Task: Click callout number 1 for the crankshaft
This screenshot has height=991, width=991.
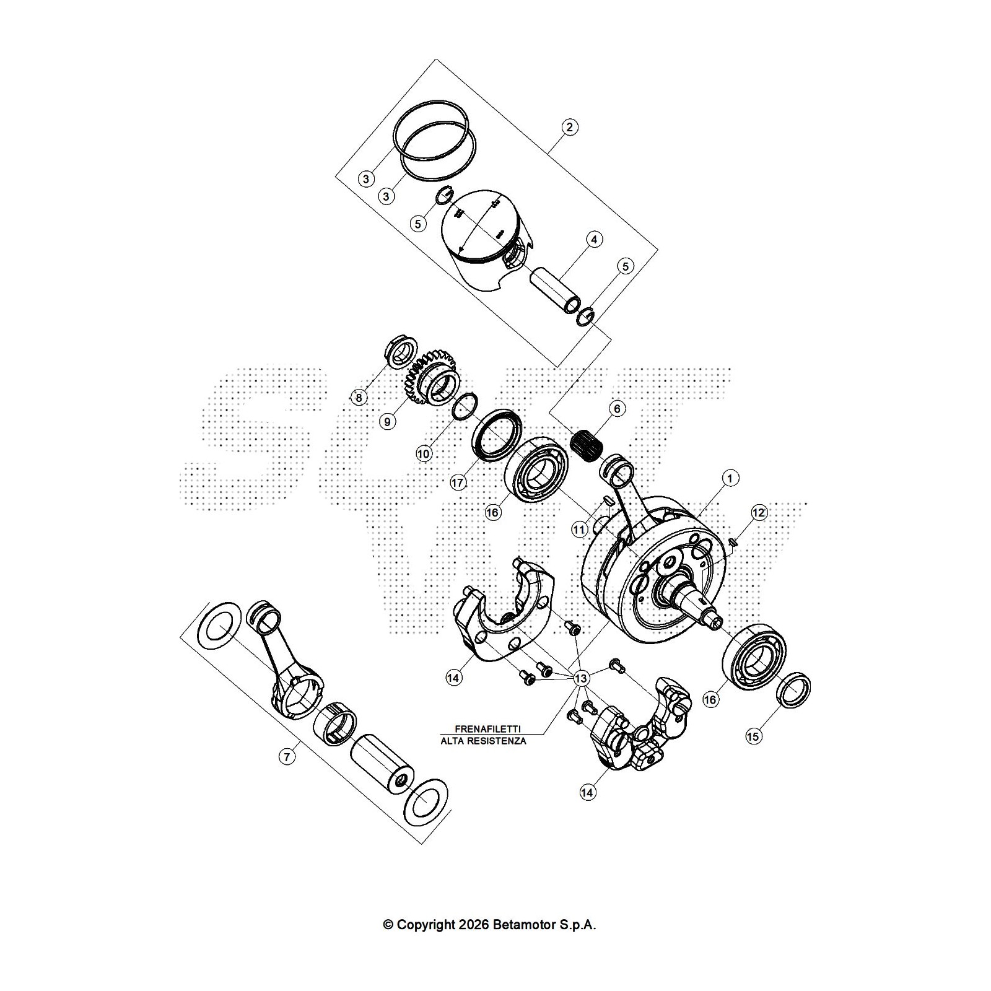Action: point(730,478)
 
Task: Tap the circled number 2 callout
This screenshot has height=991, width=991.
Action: point(569,128)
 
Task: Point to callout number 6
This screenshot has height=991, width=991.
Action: point(616,409)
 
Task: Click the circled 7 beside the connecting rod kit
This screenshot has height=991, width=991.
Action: point(286,756)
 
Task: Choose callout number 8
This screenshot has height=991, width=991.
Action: point(359,397)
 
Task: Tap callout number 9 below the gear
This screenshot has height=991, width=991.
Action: point(387,422)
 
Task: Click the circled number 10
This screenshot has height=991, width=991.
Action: point(423,453)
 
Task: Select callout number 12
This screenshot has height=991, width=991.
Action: point(759,512)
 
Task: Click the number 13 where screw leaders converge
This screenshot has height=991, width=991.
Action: point(580,679)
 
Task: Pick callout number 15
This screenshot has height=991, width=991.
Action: point(753,736)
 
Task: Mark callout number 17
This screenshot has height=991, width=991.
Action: point(458,482)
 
